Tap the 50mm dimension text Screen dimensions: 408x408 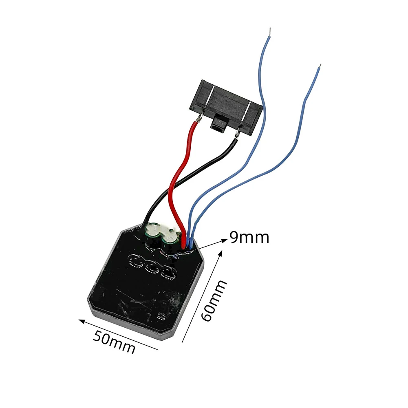[114, 342]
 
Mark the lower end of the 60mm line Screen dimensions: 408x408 [182, 342]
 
